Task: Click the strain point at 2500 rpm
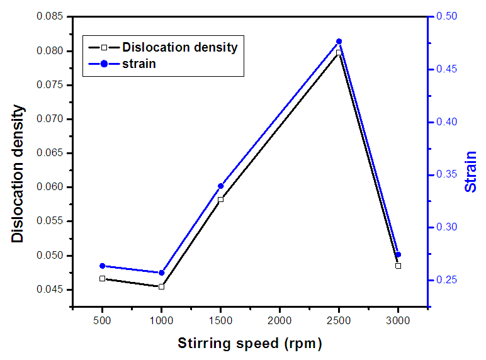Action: pyautogui.click(x=339, y=42)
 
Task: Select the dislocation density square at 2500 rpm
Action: pyautogui.click(x=339, y=53)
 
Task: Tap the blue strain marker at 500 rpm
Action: pyautogui.click(x=103, y=266)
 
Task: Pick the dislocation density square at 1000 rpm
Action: pyautogui.click(x=162, y=286)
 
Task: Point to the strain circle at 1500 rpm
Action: pyautogui.click(x=220, y=186)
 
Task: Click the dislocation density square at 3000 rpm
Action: pyautogui.click(x=398, y=266)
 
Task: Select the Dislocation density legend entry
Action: pyautogui.click(x=179, y=47)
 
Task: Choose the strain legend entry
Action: pyautogui.click(x=139, y=63)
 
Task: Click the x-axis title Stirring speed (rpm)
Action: pyautogui.click(x=250, y=344)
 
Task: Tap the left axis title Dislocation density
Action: pyautogui.click(x=19, y=174)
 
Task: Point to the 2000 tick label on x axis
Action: pyautogui.click(x=280, y=320)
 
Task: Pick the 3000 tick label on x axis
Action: pyautogui.click(x=398, y=320)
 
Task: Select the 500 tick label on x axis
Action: pyautogui.click(x=103, y=320)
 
